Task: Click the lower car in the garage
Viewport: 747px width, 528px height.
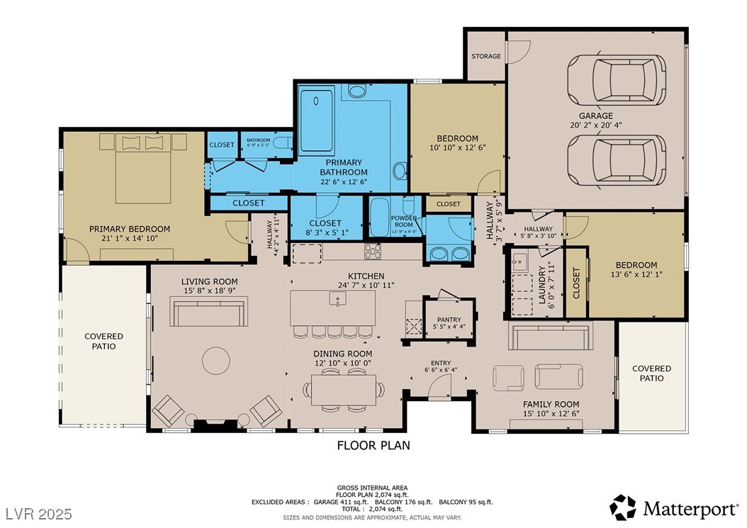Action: pos(616,160)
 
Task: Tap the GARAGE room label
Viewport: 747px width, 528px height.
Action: pos(595,116)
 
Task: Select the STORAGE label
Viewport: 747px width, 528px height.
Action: pos(485,56)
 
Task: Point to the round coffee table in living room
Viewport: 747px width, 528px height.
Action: pos(216,361)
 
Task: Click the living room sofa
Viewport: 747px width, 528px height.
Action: pos(210,312)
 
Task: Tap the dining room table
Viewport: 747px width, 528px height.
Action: pos(344,389)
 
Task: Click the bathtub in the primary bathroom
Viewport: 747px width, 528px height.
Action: pos(317,120)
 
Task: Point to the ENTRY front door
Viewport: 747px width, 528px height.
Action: pos(439,387)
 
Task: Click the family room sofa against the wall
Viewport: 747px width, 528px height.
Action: pos(549,335)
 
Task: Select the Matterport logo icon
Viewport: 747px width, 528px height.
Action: pos(623,507)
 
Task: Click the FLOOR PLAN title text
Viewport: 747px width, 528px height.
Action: pos(373,446)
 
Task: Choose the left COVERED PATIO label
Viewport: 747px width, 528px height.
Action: pos(103,341)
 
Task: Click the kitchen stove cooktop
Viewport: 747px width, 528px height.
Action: pos(373,251)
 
